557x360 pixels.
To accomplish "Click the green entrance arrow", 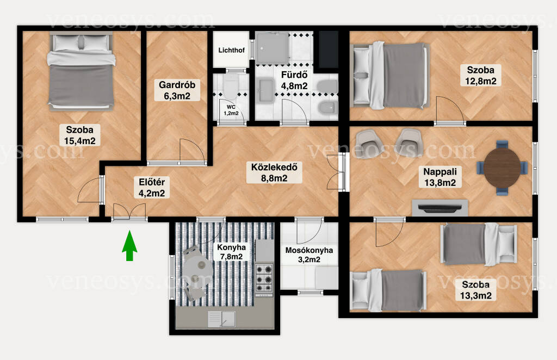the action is pyautogui.click(x=129, y=245).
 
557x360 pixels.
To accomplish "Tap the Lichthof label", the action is pyautogui.click(x=231, y=50).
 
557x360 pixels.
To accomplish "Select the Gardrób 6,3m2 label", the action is pyautogui.click(x=177, y=90).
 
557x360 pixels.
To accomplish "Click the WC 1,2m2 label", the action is pyautogui.click(x=231, y=110).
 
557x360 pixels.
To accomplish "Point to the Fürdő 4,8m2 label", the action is pyautogui.click(x=294, y=80).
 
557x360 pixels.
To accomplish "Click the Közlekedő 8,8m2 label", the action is pyautogui.click(x=274, y=172).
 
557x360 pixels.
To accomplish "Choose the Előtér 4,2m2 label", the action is pyautogui.click(x=152, y=188).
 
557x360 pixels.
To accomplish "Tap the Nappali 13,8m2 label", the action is pyautogui.click(x=440, y=177).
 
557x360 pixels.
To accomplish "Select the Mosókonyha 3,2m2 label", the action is pyautogui.click(x=309, y=255).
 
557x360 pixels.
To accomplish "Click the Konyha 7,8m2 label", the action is pyautogui.click(x=231, y=252).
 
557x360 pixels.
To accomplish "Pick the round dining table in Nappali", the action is pyautogui.click(x=502, y=167).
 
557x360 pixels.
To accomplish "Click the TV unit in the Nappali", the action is pyautogui.click(x=440, y=208).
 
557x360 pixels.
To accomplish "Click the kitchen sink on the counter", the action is pyautogui.click(x=221, y=319).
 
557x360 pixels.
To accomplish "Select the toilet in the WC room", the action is pyautogui.click(x=231, y=86).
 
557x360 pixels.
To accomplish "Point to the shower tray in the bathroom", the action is pyautogui.click(x=272, y=48).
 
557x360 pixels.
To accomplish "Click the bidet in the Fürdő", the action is pyautogui.click(x=327, y=107).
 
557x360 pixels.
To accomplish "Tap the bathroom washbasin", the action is pyautogui.click(x=266, y=91).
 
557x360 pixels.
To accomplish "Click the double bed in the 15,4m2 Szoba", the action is pyautogui.click(x=81, y=71).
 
